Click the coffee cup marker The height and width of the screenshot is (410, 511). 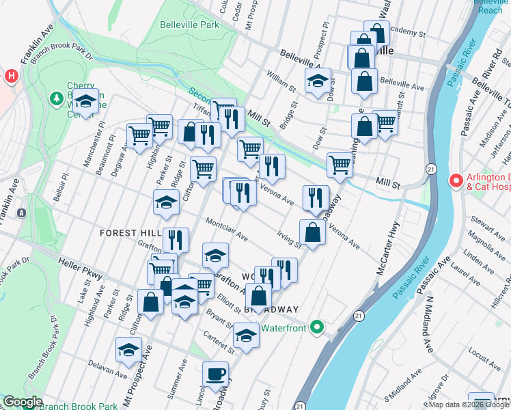(x=216, y=374)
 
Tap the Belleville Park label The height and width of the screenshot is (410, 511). (x=189, y=25)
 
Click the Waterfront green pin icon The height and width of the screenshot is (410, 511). (x=316, y=328)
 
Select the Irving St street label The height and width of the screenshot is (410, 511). (x=289, y=239)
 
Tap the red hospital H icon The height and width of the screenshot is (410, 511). (x=11, y=76)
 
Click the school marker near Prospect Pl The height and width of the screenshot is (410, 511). (x=318, y=81)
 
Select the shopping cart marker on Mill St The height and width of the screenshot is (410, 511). (x=340, y=164)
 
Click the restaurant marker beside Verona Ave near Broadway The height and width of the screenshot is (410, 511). (x=315, y=197)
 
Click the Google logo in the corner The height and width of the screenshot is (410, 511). (x=23, y=402)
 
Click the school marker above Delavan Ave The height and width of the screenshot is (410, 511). (x=128, y=350)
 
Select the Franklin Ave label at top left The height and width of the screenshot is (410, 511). (x=37, y=45)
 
